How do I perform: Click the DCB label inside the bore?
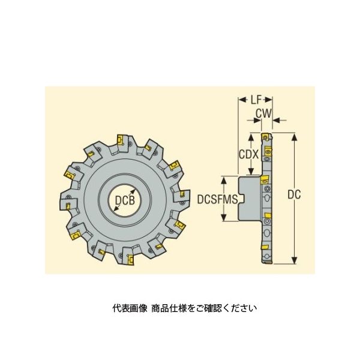pyautogui.click(x=125, y=200)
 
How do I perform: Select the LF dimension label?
pyautogui.click(x=256, y=100)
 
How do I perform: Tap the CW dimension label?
pyautogui.click(x=263, y=113)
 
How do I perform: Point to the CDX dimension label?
pyautogui.click(x=249, y=154)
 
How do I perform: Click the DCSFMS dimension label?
pyautogui.click(x=217, y=199)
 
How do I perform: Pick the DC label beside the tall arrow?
pyautogui.click(x=294, y=194)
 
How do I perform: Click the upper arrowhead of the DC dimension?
pyautogui.click(x=295, y=136)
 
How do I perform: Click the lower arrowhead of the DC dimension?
pyautogui.click(x=295, y=260)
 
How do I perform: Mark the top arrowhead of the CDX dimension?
pyautogui.click(x=251, y=137)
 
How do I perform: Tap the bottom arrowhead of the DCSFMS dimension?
pyautogui.click(x=224, y=218)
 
